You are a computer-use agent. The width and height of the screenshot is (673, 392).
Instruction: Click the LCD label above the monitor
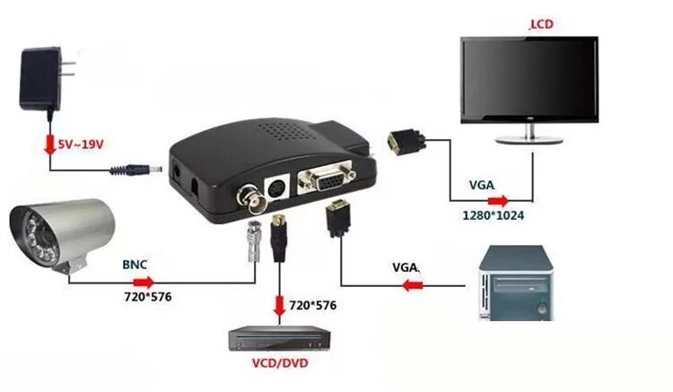(542, 25)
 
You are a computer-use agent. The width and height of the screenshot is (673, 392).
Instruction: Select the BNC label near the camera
(134, 266)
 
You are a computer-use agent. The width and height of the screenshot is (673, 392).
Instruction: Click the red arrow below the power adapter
(48, 143)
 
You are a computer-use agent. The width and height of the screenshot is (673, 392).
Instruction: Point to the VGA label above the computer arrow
(406, 267)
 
